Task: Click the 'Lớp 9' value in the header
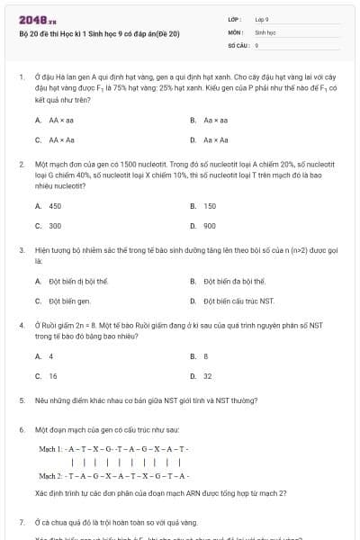[x=262, y=18]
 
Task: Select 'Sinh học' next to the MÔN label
[x=265, y=31]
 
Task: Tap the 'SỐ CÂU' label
[x=237, y=43]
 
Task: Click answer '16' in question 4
[x=52, y=376]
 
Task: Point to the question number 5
[x=21, y=399]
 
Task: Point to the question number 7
[x=21, y=521]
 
